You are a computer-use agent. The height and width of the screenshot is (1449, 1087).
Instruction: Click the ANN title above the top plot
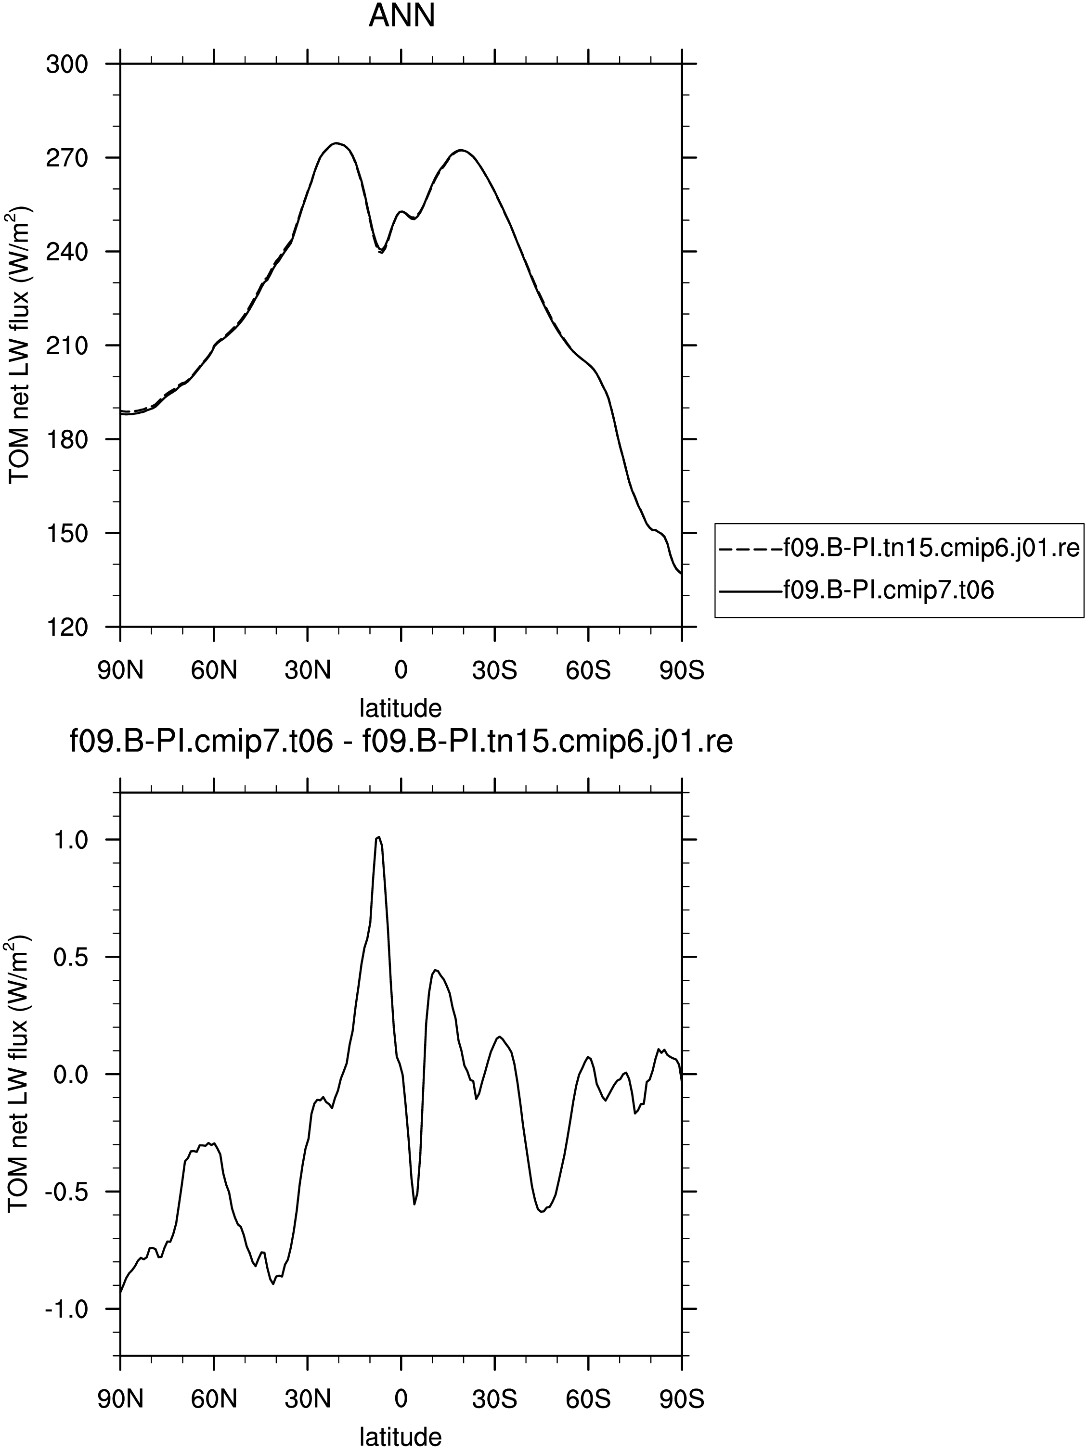pyautogui.click(x=401, y=16)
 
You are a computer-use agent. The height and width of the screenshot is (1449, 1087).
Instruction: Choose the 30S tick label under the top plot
pyautogui.click(x=495, y=671)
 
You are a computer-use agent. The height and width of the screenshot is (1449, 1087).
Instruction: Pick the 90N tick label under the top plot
pyautogui.click(x=120, y=671)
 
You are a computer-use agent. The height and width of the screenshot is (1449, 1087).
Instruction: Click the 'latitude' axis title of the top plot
pyautogui.click(x=401, y=707)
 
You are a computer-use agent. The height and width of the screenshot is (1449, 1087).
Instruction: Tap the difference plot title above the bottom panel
pyautogui.click(x=401, y=743)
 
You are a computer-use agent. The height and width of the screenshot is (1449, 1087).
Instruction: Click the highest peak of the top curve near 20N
pyautogui.click(x=336, y=143)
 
